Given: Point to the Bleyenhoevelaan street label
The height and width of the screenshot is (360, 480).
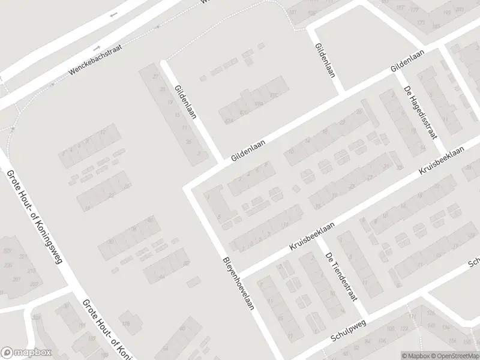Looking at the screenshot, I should [239, 284].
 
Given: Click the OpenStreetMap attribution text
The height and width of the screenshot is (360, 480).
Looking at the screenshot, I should [455, 355].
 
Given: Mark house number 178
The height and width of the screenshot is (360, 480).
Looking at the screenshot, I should [126, 325].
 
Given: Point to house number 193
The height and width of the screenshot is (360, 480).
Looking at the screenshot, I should [447, 13].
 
